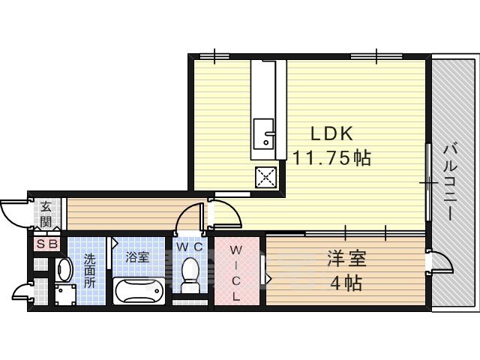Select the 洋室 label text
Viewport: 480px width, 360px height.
pos(346,260)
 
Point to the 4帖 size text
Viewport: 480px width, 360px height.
pos(346,283)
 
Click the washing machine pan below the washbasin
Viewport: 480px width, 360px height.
pos(65,294)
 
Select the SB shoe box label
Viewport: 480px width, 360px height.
pos(46,244)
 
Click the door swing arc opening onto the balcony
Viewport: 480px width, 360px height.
pos(439,264)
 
